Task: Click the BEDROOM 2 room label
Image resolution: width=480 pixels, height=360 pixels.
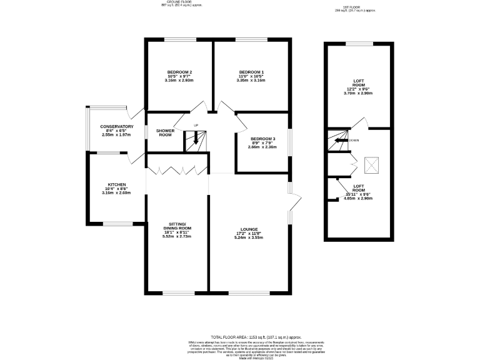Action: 179,72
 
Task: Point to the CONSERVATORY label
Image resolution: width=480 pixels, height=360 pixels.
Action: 117,127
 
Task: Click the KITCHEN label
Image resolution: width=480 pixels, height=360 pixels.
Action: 117,185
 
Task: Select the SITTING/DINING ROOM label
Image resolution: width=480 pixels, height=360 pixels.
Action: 177,226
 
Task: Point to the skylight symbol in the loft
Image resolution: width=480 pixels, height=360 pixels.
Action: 373,166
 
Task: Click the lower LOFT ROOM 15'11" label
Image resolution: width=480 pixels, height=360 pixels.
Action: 358,186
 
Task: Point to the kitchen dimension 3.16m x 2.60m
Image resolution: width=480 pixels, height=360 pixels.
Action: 117,193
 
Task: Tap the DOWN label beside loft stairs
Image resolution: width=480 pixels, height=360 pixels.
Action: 354,141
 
